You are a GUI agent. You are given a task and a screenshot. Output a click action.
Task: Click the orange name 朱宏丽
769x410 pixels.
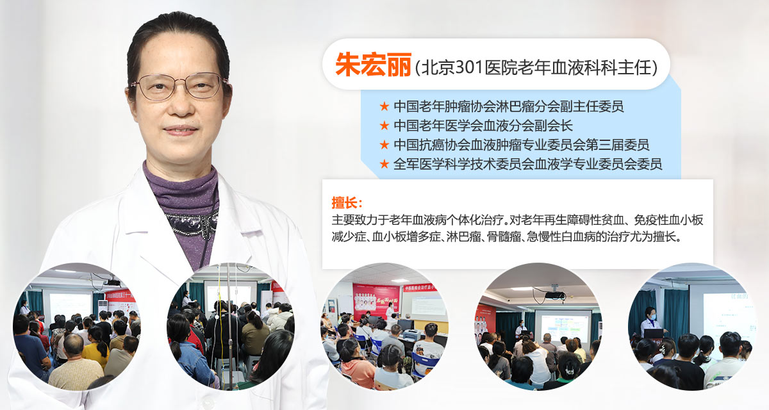click(373, 65)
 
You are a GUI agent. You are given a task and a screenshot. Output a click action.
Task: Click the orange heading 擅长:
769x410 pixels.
click(347, 202)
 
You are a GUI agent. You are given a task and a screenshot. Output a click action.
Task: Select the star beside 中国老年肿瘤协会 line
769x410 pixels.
click(384, 106)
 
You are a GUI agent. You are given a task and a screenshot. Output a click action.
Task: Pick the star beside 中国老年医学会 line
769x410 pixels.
click(384, 126)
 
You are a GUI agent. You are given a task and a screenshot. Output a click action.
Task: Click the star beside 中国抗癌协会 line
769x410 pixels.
click(384, 145)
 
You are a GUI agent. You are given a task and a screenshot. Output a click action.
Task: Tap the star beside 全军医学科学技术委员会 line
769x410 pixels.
click(384, 164)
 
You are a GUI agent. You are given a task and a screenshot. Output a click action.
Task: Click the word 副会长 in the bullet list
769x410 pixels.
click(554, 126)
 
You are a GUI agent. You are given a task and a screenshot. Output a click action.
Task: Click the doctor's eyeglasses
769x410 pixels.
click(179, 86)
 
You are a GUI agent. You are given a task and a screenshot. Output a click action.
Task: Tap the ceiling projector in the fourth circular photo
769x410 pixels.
click(554, 295)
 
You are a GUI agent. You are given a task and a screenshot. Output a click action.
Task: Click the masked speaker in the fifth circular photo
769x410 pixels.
click(650, 322)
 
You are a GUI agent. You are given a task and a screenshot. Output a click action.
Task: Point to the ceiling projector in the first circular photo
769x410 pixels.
click(112, 283)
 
